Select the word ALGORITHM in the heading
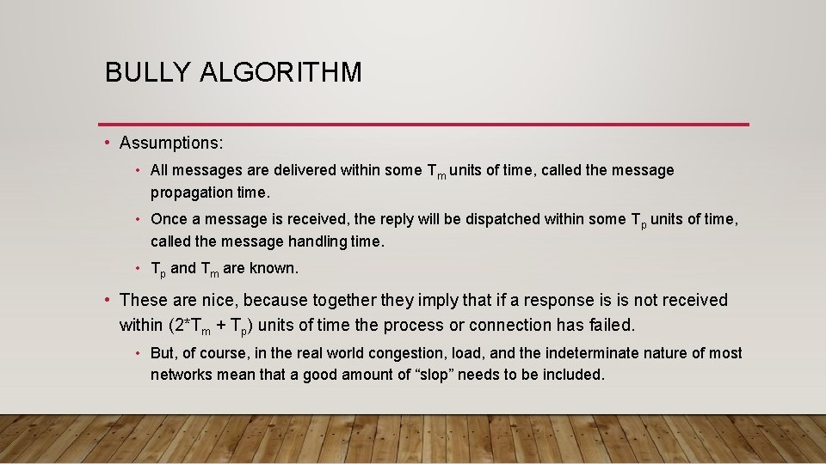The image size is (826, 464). click(280, 72)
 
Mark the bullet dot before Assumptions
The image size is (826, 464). click(106, 142)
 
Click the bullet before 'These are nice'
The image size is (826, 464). click(106, 300)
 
